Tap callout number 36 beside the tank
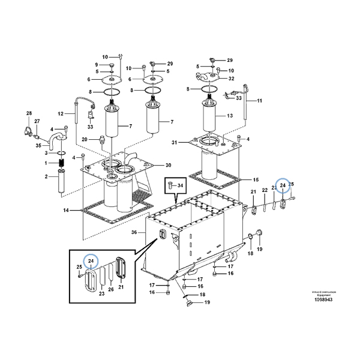pos(134,233)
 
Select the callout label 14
pos(66,211)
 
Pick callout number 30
pos(168,165)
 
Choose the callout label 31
pos(175,142)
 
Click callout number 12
pos(61,113)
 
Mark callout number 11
pos(260,101)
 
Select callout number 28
pos(28,113)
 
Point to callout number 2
pos(46,176)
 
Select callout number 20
pos(85,139)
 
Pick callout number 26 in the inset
pos(110,290)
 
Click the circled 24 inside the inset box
pos(91,261)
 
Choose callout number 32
pos(231,78)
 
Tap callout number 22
pos(264,191)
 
